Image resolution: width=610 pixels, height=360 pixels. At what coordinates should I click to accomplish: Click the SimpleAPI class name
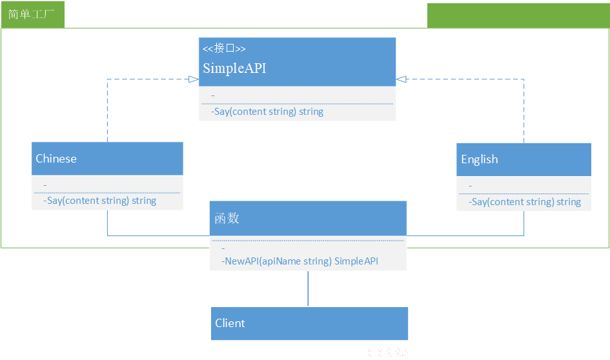click(x=234, y=68)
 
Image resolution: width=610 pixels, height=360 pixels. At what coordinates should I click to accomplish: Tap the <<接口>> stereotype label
click(x=224, y=48)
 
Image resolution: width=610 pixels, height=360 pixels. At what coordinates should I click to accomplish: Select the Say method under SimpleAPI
click(x=267, y=112)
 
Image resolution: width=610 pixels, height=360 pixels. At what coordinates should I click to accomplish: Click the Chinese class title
click(x=56, y=159)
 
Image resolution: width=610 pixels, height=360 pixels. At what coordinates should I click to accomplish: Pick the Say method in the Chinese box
click(x=99, y=201)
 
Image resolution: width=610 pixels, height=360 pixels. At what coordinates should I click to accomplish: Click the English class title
click(x=479, y=159)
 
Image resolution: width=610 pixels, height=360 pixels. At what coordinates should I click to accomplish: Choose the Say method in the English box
click(x=525, y=202)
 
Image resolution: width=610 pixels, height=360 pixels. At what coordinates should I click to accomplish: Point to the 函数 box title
click(x=227, y=218)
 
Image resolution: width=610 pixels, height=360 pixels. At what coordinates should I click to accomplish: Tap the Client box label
click(x=230, y=323)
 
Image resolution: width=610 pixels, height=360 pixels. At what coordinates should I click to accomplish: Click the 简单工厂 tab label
click(x=31, y=14)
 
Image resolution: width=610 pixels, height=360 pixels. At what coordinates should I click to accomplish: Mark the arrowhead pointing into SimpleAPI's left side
click(x=194, y=79)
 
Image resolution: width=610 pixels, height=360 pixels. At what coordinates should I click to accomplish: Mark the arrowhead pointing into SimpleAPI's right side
click(x=401, y=79)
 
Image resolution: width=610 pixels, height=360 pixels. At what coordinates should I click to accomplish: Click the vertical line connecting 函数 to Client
click(x=308, y=288)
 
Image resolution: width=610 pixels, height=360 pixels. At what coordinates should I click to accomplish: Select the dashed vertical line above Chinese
click(x=107, y=111)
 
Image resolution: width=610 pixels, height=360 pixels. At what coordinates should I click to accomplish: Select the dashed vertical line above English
click(x=524, y=111)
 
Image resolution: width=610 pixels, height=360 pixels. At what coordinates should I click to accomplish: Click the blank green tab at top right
click(x=518, y=15)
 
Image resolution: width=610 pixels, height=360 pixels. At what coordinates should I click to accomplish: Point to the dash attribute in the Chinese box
click(x=45, y=185)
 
